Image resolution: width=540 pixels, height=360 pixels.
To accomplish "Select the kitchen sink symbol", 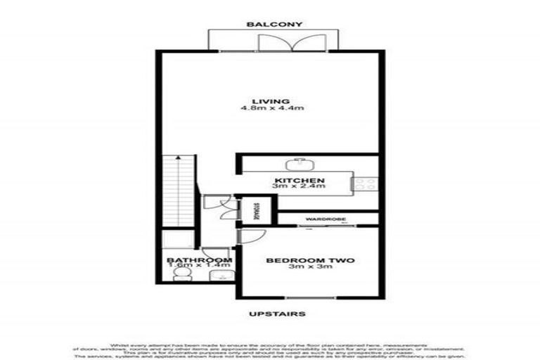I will [302, 163].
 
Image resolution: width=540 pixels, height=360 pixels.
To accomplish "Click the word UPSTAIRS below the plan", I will [278, 314].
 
